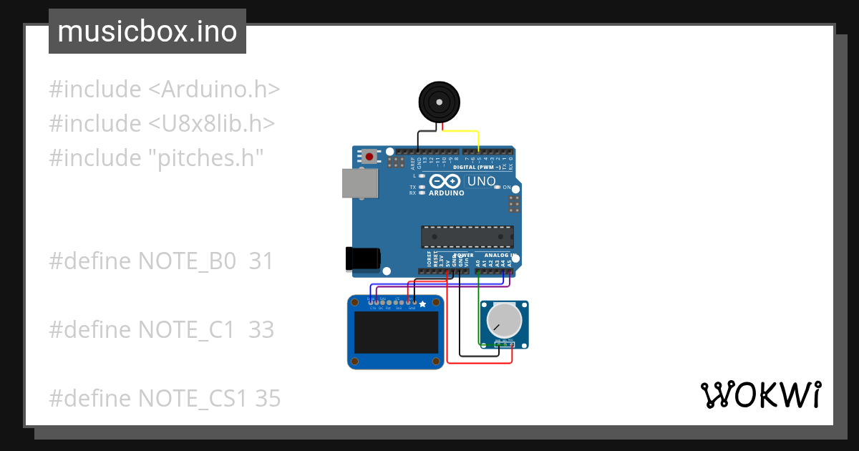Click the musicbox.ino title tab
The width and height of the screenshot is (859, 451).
click(x=147, y=31)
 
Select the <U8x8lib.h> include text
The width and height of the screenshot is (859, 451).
click(x=212, y=123)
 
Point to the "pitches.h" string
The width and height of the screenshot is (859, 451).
click(x=206, y=157)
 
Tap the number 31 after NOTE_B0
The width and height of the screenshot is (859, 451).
click(x=261, y=261)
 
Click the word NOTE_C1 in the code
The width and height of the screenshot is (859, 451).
click(x=186, y=330)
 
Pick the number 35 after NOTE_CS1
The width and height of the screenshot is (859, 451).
click(x=268, y=398)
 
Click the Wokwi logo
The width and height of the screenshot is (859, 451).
click(x=760, y=394)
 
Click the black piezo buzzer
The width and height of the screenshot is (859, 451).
click(x=439, y=102)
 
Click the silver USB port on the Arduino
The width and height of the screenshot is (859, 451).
click(x=360, y=183)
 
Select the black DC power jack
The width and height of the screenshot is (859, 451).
click(x=364, y=259)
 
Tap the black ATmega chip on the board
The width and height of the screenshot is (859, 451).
click(x=467, y=236)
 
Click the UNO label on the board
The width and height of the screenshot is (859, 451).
click(x=481, y=181)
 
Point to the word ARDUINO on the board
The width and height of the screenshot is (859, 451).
click(x=446, y=193)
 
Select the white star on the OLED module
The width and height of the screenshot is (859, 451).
click(x=422, y=304)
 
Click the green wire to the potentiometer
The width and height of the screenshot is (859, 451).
click(x=478, y=308)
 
